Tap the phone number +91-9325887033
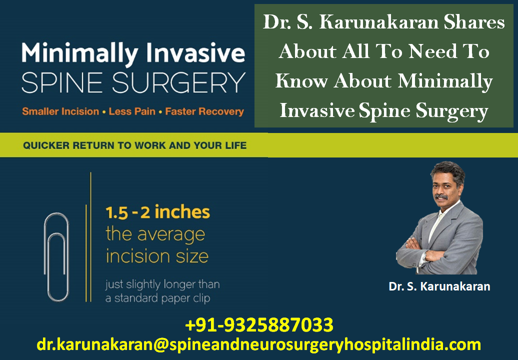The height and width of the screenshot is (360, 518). pos(259,324)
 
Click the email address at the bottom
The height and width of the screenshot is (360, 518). pos(258,344)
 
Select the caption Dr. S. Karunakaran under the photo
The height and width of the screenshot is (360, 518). pos(439,286)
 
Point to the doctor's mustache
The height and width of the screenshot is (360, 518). pos(441,196)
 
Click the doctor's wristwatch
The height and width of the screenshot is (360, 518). pos(424,256)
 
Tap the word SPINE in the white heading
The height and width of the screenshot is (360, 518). pos(62,82)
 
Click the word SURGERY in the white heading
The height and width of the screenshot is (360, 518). pos(178,82)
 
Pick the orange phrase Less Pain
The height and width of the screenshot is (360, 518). pos(132,111)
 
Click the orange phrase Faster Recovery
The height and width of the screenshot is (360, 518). pos(204,111)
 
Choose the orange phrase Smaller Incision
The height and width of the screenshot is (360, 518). pos(60,111)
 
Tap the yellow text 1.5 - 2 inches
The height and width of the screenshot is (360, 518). pos(157,212)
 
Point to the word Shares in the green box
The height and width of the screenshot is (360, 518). pos(474,22)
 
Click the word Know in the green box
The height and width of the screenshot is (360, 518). pos(301,81)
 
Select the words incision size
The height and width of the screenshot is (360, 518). pos(157,256)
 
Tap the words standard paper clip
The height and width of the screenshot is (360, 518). pos(162,298)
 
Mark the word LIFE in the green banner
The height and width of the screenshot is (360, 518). pos(236,145)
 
